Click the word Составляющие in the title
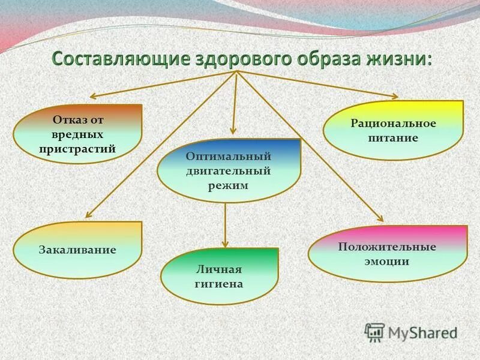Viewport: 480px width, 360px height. click(119, 61)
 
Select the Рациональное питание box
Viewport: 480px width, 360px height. click(393, 130)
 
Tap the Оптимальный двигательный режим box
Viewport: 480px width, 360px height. click(229, 170)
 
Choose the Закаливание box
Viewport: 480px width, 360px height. click(77, 250)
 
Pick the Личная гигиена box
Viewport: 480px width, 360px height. click(220, 277)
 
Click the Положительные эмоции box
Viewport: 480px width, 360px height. click(387, 253)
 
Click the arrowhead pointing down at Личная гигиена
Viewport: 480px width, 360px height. click(225, 243)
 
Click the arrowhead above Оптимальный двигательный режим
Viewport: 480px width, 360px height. click(233, 133)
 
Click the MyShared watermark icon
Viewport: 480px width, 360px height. click(375, 332)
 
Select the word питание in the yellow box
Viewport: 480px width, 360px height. click(394, 137)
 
